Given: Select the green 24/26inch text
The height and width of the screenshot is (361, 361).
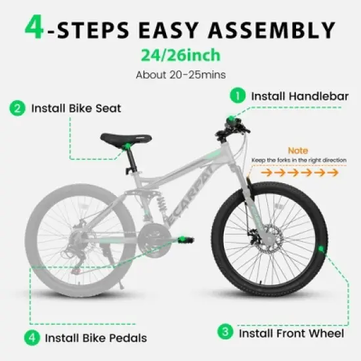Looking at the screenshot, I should tap(180, 56).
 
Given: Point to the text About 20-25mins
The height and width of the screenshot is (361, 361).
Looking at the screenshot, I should tap(180, 74).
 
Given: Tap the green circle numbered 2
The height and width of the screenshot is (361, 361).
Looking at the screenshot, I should tap(16, 108).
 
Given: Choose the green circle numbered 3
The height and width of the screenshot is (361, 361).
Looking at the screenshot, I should tap(226, 332).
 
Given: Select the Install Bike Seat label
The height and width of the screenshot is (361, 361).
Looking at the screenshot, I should tap(76, 108).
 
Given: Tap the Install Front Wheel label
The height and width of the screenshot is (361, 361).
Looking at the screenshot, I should tap(291, 333).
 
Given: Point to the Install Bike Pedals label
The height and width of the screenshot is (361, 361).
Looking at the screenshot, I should tap(96, 339).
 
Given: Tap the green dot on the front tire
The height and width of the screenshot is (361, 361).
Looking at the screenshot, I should tap(322, 248).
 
